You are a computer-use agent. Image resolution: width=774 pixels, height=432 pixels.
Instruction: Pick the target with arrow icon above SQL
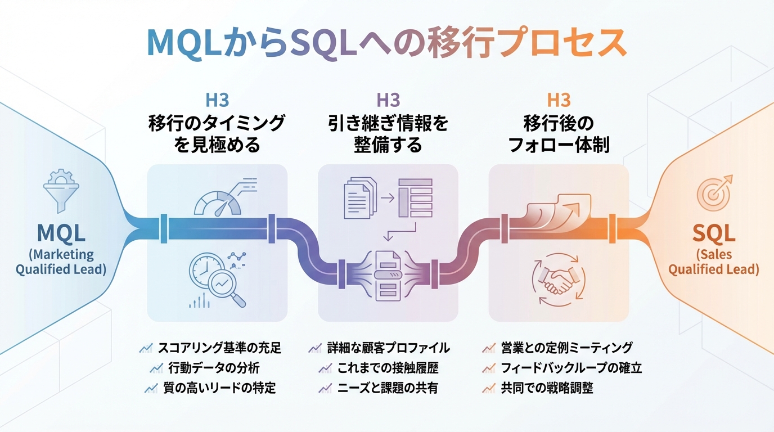(714, 191)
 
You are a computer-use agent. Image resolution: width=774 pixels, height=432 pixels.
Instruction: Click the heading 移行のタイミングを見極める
(217, 134)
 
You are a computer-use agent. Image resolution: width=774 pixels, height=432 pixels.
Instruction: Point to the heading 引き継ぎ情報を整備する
(388, 134)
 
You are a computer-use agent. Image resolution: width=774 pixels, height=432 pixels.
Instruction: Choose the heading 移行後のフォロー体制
(559, 134)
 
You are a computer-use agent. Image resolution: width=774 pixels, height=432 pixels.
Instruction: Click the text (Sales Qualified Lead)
(713, 262)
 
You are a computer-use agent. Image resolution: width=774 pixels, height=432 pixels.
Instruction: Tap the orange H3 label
(559, 100)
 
